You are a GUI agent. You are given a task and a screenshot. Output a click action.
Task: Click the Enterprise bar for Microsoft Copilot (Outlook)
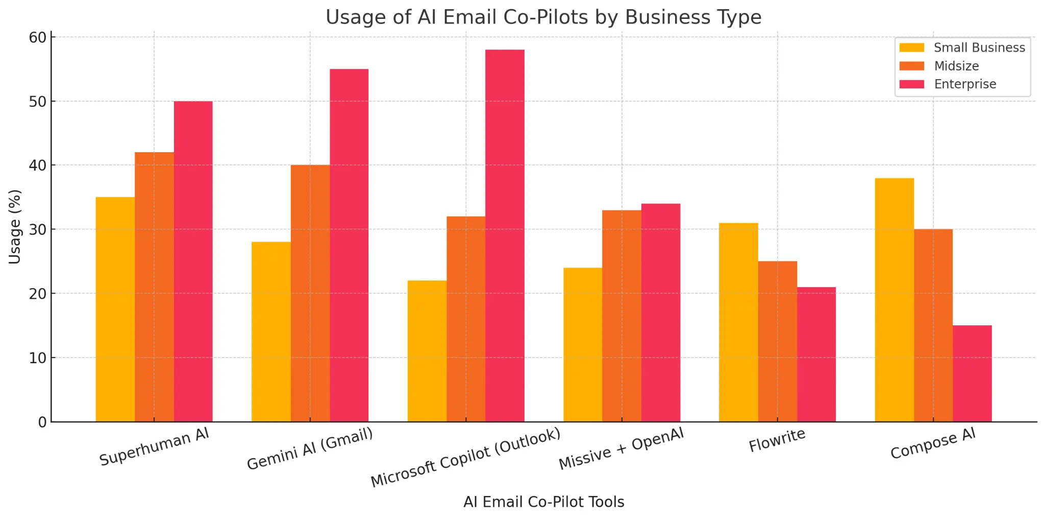[x=505, y=235]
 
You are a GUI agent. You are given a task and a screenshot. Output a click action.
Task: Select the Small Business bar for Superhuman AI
[x=115, y=309]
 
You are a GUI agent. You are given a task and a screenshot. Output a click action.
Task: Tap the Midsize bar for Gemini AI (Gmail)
[x=310, y=293]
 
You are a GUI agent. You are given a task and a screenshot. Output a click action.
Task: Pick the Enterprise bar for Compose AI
[x=972, y=373]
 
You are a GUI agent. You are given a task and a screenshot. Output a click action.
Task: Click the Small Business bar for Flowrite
[x=738, y=322]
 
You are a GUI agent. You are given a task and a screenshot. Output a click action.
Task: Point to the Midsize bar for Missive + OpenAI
[x=621, y=316]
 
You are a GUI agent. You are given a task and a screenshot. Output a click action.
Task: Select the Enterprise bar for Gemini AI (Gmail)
[x=349, y=245]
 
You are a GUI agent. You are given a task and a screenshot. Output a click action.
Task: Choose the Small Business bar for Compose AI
[x=894, y=300]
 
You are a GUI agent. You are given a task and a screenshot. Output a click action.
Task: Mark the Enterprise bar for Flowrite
[x=816, y=355]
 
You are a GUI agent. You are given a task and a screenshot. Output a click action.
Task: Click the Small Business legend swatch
[x=912, y=48]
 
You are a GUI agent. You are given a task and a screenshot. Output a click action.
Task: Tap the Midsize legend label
[x=956, y=66]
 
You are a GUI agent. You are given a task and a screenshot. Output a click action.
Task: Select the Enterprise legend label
[x=965, y=84]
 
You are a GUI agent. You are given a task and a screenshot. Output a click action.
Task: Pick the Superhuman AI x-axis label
[x=154, y=447]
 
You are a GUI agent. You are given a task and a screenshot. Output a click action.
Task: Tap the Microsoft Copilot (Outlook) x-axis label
[x=465, y=457]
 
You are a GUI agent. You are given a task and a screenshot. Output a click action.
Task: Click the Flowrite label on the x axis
[x=777, y=440]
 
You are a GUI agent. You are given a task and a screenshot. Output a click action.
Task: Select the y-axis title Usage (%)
[x=15, y=227]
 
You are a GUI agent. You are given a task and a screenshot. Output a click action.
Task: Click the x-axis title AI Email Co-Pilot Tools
[x=543, y=502]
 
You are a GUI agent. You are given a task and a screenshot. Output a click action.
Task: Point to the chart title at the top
[x=543, y=17]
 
